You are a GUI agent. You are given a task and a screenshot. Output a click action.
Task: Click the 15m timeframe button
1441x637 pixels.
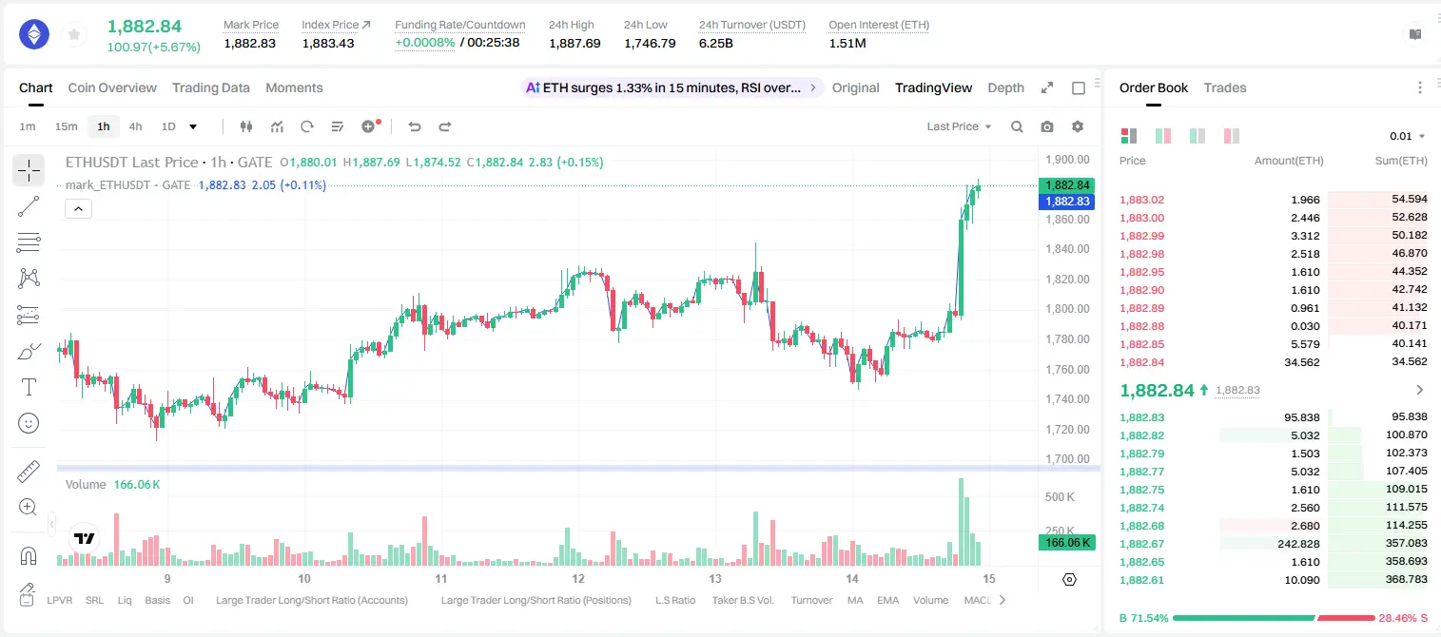pos(67,126)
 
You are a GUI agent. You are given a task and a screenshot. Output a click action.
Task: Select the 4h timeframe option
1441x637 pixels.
pos(135,126)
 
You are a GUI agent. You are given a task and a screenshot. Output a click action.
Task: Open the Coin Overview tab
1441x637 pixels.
pos(112,87)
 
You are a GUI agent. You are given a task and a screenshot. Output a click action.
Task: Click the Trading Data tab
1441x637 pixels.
pos(210,87)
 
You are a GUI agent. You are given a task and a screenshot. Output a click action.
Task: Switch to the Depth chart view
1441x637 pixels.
pos(1005,87)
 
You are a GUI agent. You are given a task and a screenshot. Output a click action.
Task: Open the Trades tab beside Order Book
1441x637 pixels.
pos(1224,87)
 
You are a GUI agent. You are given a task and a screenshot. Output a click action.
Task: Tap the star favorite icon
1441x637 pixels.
pos(74,34)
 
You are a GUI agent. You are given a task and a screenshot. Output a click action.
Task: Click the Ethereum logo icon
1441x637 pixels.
pos(34,34)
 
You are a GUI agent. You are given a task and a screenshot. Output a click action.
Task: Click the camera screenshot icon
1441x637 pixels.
pos(1046,126)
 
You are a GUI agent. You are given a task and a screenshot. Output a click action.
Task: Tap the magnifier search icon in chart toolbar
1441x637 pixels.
pos(1017,126)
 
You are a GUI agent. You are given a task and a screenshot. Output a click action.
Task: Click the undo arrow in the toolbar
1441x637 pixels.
pos(415,126)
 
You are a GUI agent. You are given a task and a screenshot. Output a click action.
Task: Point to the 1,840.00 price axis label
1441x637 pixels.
pos(1067,249)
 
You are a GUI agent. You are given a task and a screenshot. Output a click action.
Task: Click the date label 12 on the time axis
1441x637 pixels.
pos(577,578)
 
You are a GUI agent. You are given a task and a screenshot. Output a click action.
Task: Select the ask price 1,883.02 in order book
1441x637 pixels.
pos(1141,200)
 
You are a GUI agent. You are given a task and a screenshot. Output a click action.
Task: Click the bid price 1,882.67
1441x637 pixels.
pos(1141,543)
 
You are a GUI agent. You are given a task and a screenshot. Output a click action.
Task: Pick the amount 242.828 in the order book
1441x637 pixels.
pos(1298,544)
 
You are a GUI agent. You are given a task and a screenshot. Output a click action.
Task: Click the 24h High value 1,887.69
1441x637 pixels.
pos(574,43)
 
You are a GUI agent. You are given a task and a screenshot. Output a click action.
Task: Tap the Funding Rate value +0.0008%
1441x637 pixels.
pos(424,43)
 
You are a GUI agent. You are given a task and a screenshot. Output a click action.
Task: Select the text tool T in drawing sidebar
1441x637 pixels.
pos(29,387)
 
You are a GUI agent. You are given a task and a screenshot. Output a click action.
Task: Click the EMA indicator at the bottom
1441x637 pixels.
pos(887,600)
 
